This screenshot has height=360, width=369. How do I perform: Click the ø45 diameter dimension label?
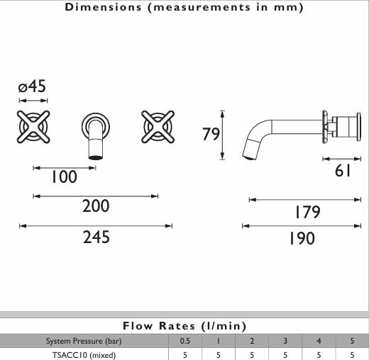[x=32, y=86]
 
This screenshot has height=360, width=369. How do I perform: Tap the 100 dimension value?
[x=64, y=176]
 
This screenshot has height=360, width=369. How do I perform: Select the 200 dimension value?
[x=96, y=206]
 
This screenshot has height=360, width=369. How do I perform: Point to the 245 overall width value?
[x=97, y=237]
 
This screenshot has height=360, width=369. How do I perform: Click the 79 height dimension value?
[x=211, y=134]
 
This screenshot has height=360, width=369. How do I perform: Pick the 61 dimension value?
[x=343, y=171]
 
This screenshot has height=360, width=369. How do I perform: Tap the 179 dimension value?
[x=307, y=212]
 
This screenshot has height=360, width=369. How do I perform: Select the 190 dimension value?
[x=302, y=238]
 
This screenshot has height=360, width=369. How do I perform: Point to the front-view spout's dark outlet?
[x=96, y=157]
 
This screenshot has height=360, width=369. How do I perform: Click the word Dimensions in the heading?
[x=103, y=7]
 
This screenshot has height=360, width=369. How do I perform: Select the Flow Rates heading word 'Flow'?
[x=138, y=326]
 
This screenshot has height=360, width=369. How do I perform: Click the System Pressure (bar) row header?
[x=84, y=341]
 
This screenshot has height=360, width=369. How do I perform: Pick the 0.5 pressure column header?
[x=185, y=341]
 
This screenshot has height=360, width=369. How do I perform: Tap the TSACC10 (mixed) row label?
[x=84, y=355]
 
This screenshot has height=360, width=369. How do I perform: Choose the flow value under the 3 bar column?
[x=285, y=355]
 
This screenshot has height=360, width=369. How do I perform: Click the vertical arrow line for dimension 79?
[x=222, y=135]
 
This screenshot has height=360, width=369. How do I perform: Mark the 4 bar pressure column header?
[x=319, y=341]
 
